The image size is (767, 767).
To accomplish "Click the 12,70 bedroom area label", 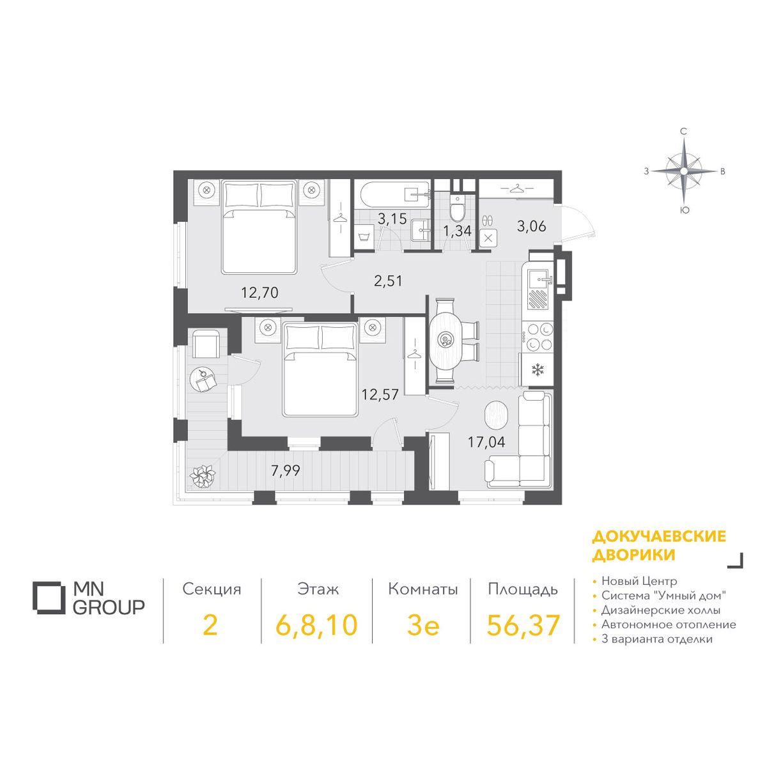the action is (x=260, y=293).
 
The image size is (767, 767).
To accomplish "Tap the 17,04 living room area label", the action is (x=486, y=442).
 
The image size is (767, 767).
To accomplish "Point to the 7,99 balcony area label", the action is (x=285, y=471).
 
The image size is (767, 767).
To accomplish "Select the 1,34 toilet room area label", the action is (x=458, y=231).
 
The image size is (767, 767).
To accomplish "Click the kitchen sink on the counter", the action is (x=539, y=280).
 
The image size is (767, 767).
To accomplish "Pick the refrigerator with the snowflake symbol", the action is (x=538, y=370).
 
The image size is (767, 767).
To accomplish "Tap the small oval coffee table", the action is (x=496, y=415).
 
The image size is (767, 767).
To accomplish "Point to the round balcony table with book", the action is (x=203, y=380).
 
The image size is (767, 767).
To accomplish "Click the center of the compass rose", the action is (x=683, y=171).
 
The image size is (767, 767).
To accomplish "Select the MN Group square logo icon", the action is (x=49, y=598).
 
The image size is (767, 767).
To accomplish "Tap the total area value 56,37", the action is (x=523, y=625).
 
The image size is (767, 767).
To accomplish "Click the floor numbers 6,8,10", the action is (x=317, y=626).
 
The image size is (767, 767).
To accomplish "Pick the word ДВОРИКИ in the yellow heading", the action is (x=633, y=555).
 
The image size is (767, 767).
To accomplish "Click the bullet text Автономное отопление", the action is (x=669, y=624).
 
